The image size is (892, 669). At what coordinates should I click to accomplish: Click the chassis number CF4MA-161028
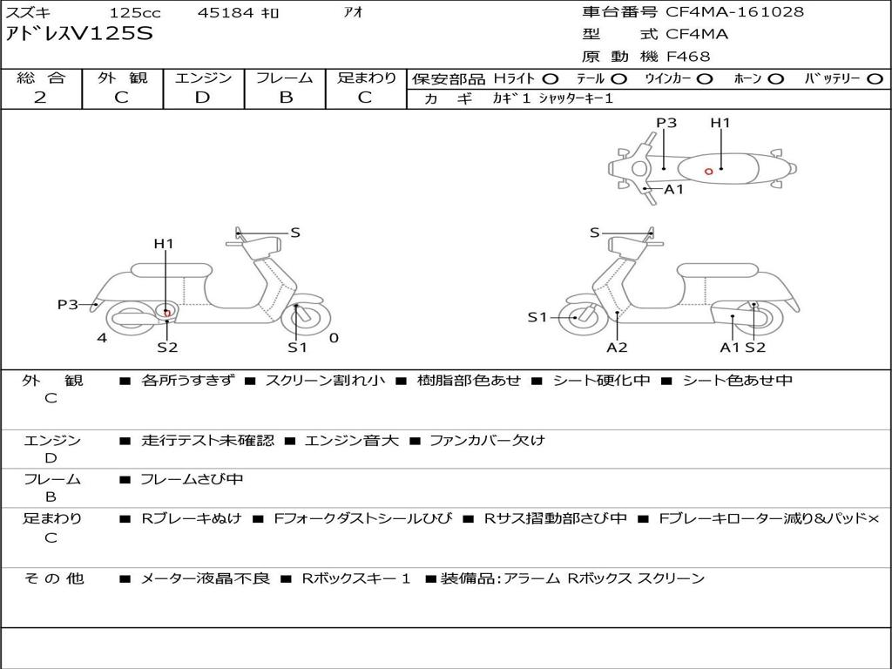[x=734, y=12]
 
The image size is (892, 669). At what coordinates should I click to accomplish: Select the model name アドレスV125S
[x=79, y=34]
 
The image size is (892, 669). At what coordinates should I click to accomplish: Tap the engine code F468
[x=688, y=57]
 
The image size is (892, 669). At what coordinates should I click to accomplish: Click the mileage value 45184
[x=226, y=12]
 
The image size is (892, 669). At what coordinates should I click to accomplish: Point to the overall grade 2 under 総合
[x=40, y=98]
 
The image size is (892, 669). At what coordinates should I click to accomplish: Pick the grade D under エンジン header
[x=202, y=98]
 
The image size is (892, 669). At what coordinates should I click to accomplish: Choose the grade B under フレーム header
[x=286, y=98]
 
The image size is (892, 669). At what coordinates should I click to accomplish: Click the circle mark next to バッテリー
[x=875, y=79]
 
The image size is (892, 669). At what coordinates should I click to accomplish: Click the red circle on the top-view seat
[x=708, y=172]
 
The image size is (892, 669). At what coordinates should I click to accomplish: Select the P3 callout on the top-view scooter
[x=666, y=123]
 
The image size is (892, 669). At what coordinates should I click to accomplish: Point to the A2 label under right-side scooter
[x=617, y=347]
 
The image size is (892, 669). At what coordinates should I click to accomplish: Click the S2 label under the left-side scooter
[x=167, y=347]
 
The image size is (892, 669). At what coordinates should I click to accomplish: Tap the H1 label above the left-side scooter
[x=163, y=244]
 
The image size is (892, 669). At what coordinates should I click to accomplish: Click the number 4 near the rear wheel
[x=102, y=338]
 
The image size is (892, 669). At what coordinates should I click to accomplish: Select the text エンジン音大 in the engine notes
[x=352, y=440]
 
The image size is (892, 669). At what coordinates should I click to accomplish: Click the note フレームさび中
[x=192, y=480]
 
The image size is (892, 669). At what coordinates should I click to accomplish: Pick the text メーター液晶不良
[x=205, y=578]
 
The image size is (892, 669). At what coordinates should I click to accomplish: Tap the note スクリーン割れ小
[x=325, y=381]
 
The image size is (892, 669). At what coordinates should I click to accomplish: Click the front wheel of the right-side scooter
[x=578, y=315]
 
